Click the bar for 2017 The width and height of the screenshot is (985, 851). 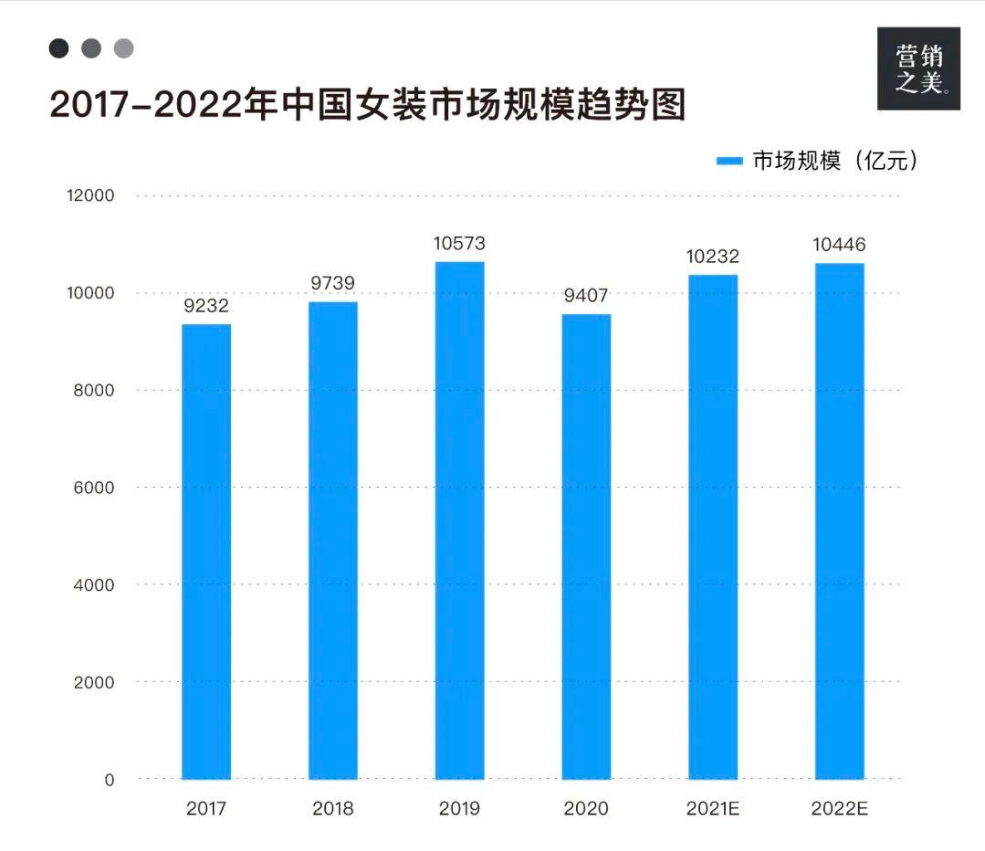tap(206, 552)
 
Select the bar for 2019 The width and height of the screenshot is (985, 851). tap(459, 520)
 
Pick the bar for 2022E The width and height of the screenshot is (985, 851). tap(839, 520)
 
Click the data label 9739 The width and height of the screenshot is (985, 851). tap(332, 283)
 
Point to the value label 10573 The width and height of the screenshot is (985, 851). tap(459, 244)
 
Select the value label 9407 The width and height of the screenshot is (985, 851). tap(585, 296)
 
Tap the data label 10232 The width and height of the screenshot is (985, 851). tap(712, 257)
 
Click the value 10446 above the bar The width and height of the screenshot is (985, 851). tap(838, 245)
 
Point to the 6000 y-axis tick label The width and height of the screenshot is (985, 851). tap(93, 488)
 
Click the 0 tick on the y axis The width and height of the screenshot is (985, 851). tap(109, 780)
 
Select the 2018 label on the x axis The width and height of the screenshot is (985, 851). tap(332, 809)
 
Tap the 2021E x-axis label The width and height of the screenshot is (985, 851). tap(712, 809)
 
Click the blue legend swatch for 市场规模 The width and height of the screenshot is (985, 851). tap(730, 162)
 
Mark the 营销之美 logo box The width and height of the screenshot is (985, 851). tap(918, 68)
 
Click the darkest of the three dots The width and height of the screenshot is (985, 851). tap(58, 48)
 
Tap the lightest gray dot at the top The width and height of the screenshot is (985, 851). tap(123, 48)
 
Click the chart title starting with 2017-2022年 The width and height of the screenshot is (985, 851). tap(367, 106)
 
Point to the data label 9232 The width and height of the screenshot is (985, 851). tap(206, 306)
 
